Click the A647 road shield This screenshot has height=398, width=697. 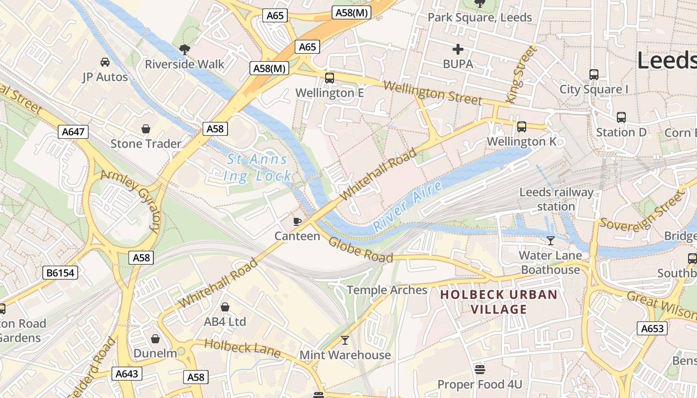pyautogui.click(x=74, y=132)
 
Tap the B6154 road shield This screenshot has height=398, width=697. pyautogui.click(x=61, y=272)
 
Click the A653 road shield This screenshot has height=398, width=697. pyautogui.click(x=652, y=328)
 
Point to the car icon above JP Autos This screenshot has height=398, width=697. pyautogui.click(x=105, y=62)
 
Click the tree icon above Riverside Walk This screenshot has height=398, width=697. pyautogui.click(x=184, y=49)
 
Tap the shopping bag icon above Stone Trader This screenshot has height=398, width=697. pyautogui.click(x=146, y=129)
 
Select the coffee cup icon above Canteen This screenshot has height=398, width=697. pyautogui.click(x=297, y=221)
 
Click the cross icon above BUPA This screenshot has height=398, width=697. pyautogui.click(x=458, y=49)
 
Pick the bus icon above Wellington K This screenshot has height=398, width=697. pyautogui.click(x=521, y=127)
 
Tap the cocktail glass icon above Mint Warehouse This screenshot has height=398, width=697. pyautogui.click(x=345, y=340)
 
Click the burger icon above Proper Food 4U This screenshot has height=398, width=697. pyautogui.click(x=480, y=370)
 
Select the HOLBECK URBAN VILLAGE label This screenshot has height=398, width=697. pyautogui.click(x=499, y=302)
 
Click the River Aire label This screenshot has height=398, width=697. pyautogui.click(x=408, y=206)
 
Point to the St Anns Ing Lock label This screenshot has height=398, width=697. pyautogui.click(x=257, y=168)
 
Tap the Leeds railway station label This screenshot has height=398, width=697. pyautogui.click(x=556, y=199)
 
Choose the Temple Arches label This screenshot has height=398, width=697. pyautogui.click(x=387, y=290)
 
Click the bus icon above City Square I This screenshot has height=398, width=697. pyautogui.click(x=593, y=75)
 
